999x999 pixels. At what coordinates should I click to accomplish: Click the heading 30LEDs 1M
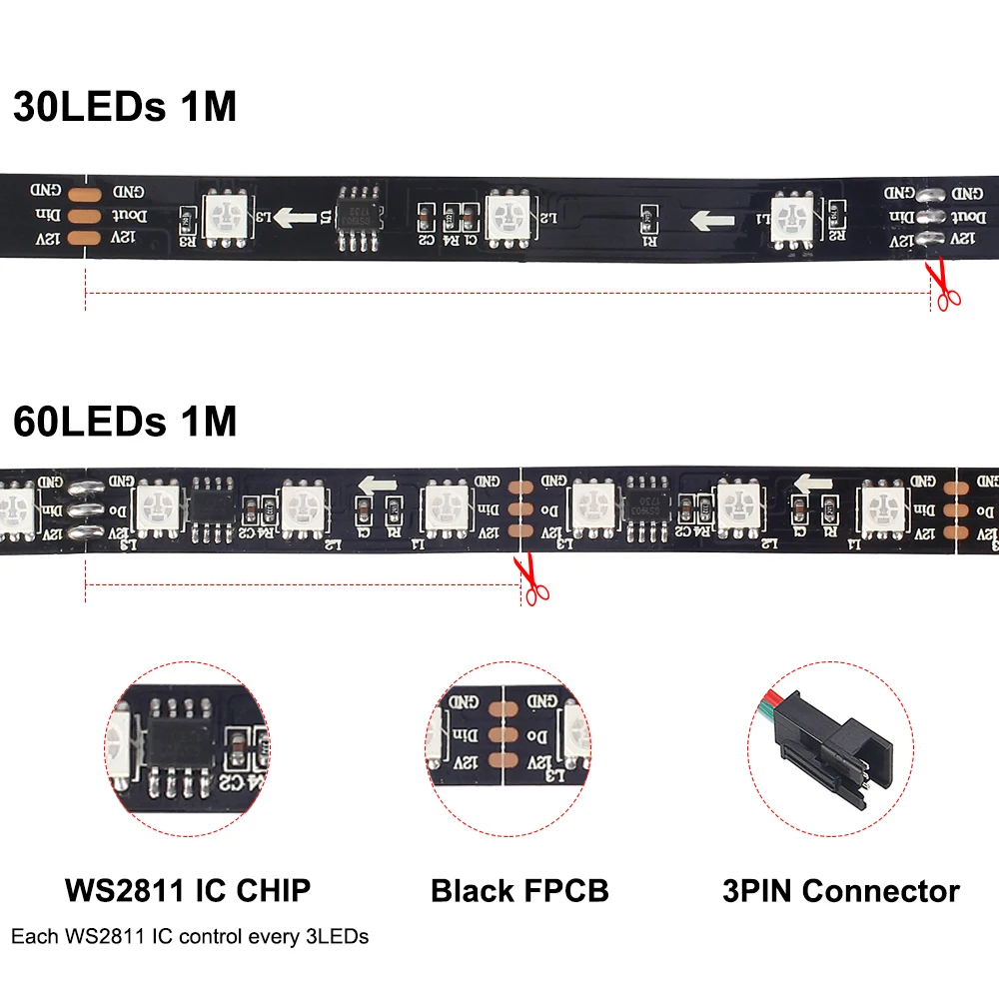click(125, 106)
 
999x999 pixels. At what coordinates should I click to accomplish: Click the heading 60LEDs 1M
click(125, 422)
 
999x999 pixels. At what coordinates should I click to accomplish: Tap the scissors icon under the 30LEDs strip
click(941, 284)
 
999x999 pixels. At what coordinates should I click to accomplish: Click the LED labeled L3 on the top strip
click(227, 216)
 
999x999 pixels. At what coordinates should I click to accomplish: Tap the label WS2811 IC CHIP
click(187, 890)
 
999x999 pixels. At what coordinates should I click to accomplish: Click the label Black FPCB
click(518, 890)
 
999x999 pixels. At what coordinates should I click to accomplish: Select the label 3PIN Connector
click(840, 890)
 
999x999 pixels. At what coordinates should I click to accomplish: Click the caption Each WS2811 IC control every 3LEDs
click(190, 937)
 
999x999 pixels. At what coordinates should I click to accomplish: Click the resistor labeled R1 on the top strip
click(646, 216)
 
